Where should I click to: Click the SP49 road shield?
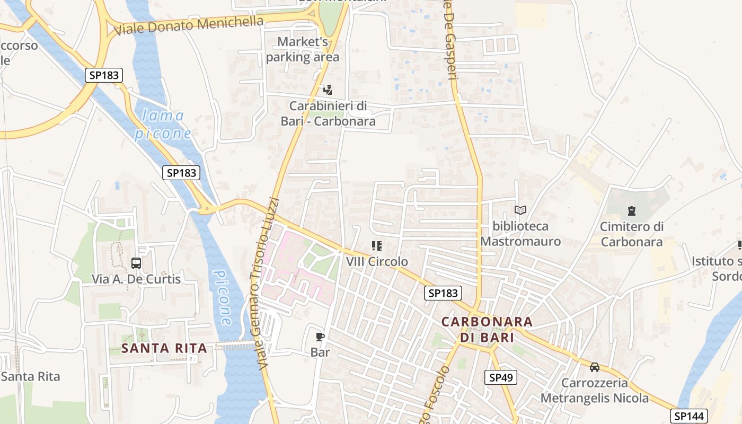pos(500,377)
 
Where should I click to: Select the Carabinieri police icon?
pos(328,90)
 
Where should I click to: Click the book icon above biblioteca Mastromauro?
pos(520,210)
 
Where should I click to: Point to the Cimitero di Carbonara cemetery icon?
pos(631,211)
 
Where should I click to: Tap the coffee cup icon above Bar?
pos(320,337)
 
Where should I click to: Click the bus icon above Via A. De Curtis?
pos(136,263)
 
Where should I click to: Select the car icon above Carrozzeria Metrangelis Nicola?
pos(595,367)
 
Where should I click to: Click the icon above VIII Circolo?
pos(377,246)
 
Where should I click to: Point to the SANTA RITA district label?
pos(164,348)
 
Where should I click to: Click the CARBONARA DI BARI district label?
pos(487,329)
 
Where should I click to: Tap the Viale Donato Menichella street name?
pos(189,25)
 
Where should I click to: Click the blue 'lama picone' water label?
pos(163,124)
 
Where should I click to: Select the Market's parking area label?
pos(303,49)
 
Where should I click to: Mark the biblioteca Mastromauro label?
pos(520,234)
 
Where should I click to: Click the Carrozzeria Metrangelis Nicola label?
pos(595,390)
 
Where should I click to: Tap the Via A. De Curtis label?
pos(136,279)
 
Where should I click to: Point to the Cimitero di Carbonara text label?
pos(631,234)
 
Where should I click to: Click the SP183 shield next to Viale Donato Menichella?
pos(104,75)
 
